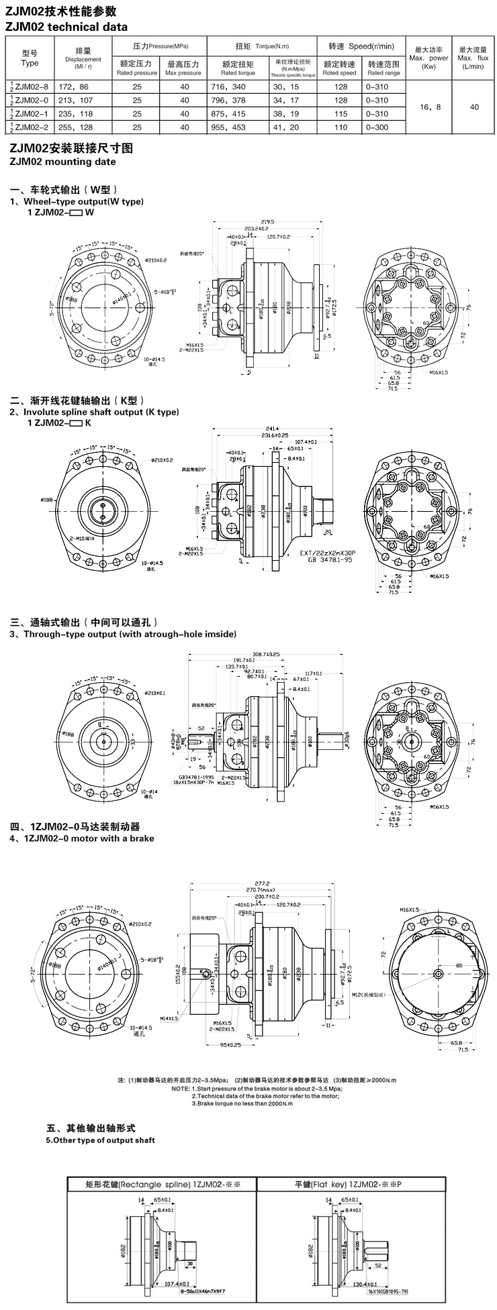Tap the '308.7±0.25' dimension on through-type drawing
265,653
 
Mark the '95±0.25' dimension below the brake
230,1045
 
